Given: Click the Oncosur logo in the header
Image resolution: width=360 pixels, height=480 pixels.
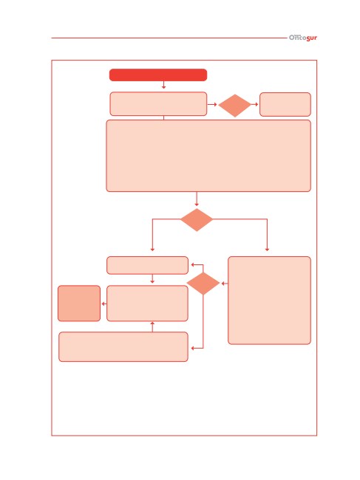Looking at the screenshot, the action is pyautogui.click(x=302, y=38).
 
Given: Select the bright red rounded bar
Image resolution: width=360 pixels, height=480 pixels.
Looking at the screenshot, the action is pyautogui.click(x=158, y=75).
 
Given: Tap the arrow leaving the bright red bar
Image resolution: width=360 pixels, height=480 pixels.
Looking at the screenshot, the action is pyautogui.click(x=163, y=85).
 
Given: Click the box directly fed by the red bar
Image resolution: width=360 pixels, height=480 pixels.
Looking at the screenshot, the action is pyautogui.click(x=158, y=104).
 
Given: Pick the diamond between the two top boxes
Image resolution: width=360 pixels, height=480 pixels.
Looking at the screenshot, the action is pyautogui.click(x=234, y=106).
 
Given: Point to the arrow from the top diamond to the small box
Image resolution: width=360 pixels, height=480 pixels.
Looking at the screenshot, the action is pyautogui.click(x=254, y=104).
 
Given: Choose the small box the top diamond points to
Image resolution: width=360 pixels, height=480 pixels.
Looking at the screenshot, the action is pyautogui.click(x=285, y=104).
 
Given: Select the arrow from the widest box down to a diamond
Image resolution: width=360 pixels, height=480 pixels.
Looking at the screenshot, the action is pyautogui.click(x=197, y=199).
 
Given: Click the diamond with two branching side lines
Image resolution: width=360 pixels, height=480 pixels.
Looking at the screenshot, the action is pyautogui.click(x=197, y=219).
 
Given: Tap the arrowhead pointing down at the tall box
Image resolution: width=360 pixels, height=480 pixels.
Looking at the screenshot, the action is pyautogui.click(x=267, y=250).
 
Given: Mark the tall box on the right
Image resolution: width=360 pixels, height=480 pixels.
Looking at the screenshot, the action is pyautogui.click(x=269, y=301).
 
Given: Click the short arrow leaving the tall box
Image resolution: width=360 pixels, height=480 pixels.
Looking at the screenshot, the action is pyautogui.click(x=225, y=284).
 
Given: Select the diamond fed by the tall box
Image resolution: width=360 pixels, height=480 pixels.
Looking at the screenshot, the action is pyautogui.click(x=203, y=284).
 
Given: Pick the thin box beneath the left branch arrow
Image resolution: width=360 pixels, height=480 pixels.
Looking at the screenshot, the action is pyautogui.click(x=147, y=265).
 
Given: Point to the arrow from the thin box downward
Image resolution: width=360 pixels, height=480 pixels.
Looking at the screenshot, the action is pyautogui.click(x=152, y=278).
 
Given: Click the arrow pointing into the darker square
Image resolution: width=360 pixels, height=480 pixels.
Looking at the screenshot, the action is pyautogui.click(x=104, y=304).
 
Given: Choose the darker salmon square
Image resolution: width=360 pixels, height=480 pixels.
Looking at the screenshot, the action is pyautogui.click(x=79, y=304).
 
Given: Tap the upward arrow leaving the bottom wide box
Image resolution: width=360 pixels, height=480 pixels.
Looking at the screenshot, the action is pyautogui.click(x=152, y=326).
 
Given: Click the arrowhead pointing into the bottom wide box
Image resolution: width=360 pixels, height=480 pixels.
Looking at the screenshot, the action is pyautogui.click(x=193, y=349).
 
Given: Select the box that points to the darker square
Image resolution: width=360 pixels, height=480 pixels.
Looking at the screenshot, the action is pyautogui.click(x=147, y=304).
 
